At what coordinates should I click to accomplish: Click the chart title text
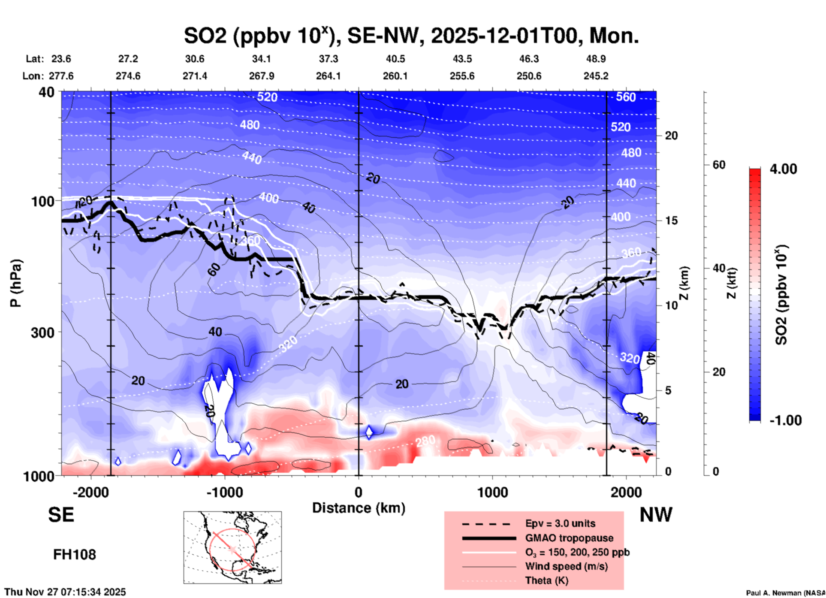(x=411, y=35)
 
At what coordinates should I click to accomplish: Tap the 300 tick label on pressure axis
(x=43, y=332)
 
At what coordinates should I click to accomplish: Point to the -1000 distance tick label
(x=224, y=492)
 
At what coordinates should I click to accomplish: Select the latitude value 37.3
(x=328, y=59)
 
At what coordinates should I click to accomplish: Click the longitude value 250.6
(x=529, y=76)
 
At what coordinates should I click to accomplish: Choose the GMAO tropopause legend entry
(x=569, y=538)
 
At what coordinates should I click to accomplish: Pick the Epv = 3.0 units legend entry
(x=560, y=523)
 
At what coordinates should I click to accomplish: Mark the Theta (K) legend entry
(x=546, y=580)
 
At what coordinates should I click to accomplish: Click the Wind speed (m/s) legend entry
(x=566, y=566)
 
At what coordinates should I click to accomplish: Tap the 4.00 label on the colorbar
(x=783, y=169)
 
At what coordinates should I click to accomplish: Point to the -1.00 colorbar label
(x=785, y=420)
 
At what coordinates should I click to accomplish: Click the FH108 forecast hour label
(x=75, y=555)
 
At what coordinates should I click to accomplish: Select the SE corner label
(x=61, y=514)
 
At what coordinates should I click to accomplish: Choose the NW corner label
(x=656, y=514)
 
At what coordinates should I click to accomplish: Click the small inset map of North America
(x=232, y=547)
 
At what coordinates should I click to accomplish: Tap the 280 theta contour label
(x=425, y=441)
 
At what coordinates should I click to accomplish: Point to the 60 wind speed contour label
(x=214, y=269)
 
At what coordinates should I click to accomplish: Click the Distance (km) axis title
(x=359, y=508)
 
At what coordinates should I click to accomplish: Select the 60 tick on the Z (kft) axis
(x=719, y=165)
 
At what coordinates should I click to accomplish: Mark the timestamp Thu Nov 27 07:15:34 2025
(x=65, y=592)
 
